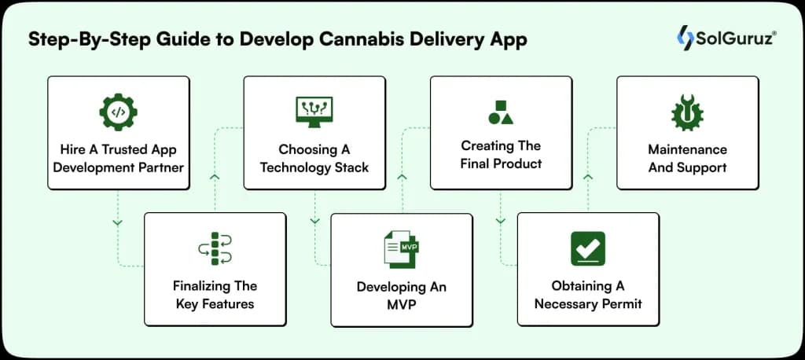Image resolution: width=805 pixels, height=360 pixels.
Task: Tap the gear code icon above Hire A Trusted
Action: click(118, 112)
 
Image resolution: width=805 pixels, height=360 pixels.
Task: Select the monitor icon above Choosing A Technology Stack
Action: click(314, 112)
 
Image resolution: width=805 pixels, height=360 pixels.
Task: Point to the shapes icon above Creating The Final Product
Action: click(501, 112)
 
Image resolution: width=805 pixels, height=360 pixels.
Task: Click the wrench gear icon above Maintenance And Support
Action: click(687, 112)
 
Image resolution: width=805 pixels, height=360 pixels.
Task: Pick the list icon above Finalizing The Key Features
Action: click(215, 248)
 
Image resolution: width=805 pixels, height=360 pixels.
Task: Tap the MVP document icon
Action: click(401, 249)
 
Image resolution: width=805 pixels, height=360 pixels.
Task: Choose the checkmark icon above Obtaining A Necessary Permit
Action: click(587, 248)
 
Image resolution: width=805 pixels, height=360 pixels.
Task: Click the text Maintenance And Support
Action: click(687, 158)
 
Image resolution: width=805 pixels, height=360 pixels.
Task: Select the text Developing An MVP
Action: click(401, 296)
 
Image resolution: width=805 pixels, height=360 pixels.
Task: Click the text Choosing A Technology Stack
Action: click(314, 158)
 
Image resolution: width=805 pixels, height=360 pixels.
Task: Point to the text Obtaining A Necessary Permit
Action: click(587, 295)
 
